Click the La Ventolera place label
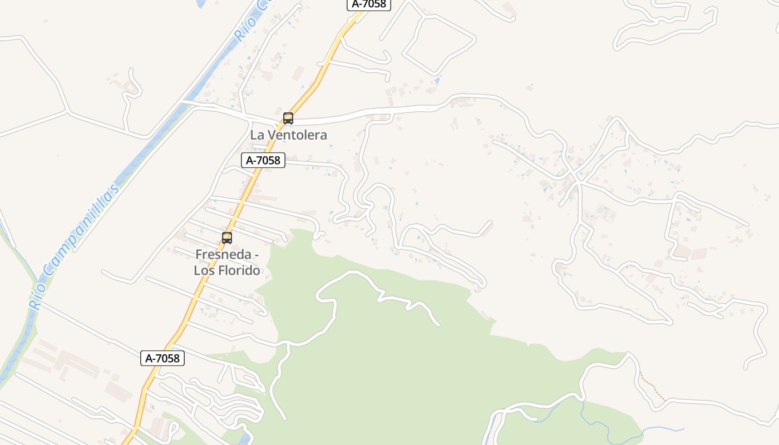pyautogui.click(x=288, y=135)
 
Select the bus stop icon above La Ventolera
pyautogui.click(x=288, y=118)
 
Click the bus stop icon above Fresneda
pyautogui.click(x=226, y=238)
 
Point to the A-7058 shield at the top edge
pyautogui.click(x=369, y=4)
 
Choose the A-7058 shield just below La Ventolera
pyautogui.click(x=263, y=160)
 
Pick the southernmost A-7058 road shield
pyautogui.click(x=162, y=358)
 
